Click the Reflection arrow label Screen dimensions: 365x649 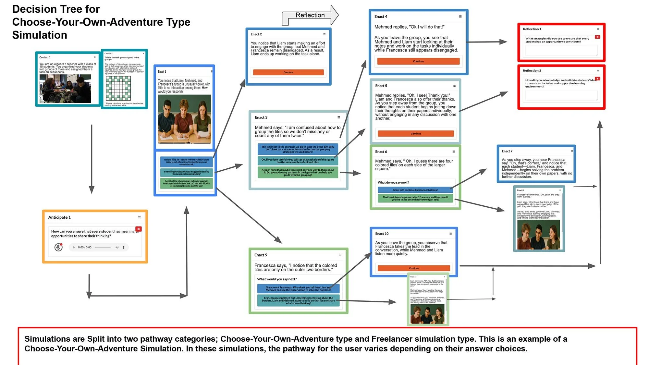(x=310, y=15)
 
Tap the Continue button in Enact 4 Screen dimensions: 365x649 (x=418, y=61)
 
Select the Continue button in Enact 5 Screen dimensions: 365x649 (x=416, y=134)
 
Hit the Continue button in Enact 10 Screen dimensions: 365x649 (x=414, y=268)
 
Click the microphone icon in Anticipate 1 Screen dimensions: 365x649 (x=58, y=247)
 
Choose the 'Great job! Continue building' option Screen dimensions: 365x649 (x=415, y=190)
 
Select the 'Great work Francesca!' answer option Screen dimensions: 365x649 (x=298, y=289)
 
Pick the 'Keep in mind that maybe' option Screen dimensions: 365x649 (x=298, y=172)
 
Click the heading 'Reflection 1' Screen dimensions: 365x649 (x=532, y=29)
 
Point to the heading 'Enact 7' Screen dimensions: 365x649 (x=507, y=151)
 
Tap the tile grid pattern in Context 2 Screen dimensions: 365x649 (x=118, y=88)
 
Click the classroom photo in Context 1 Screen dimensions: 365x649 (x=65, y=89)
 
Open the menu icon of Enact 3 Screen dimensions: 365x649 (x=339, y=117)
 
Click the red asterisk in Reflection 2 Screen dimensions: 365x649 (x=597, y=79)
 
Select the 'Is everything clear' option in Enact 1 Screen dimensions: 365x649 (x=186, y=173)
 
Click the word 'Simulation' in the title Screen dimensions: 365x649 (x=40, y=35)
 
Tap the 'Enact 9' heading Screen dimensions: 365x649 (x=261, y=255)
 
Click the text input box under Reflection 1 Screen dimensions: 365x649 (x=561, y=50)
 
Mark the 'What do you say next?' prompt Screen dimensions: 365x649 (x=393, y=183)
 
